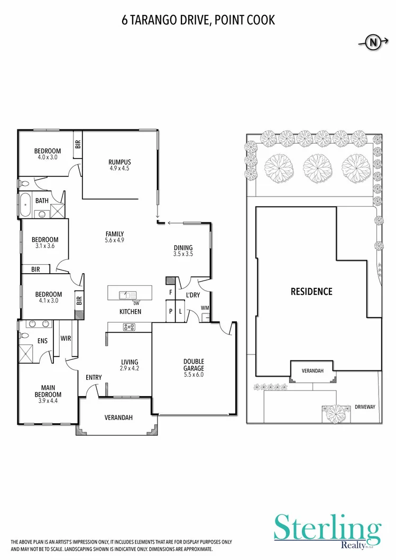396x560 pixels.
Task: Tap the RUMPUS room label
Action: [x=119, y=162]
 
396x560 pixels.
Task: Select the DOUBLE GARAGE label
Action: [x=193, y=365]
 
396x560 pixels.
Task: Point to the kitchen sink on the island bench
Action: [x=127, y=294]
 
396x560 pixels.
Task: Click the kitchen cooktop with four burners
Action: [x=130, y=327]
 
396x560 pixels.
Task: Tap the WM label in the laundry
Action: [x=204, y=308]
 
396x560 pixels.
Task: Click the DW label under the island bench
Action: [x=136, y=303]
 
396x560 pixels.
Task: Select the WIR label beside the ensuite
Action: [x=66, y=338]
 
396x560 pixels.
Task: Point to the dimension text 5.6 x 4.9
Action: [x=115, y=240]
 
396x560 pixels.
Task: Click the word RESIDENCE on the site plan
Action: [x=311, y=291]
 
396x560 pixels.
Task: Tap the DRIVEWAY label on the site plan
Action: [x=365, y=407]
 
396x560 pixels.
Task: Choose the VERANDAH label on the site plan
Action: [x=312, y=371]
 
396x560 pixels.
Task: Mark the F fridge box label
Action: [x=170, y=292]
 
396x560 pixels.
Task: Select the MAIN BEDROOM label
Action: [x=48, y=391]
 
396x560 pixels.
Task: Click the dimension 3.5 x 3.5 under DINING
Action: [x=183, y=254]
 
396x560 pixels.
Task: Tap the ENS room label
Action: [x=42, y=341]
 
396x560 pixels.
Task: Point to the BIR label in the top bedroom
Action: [x=78, y=143]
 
